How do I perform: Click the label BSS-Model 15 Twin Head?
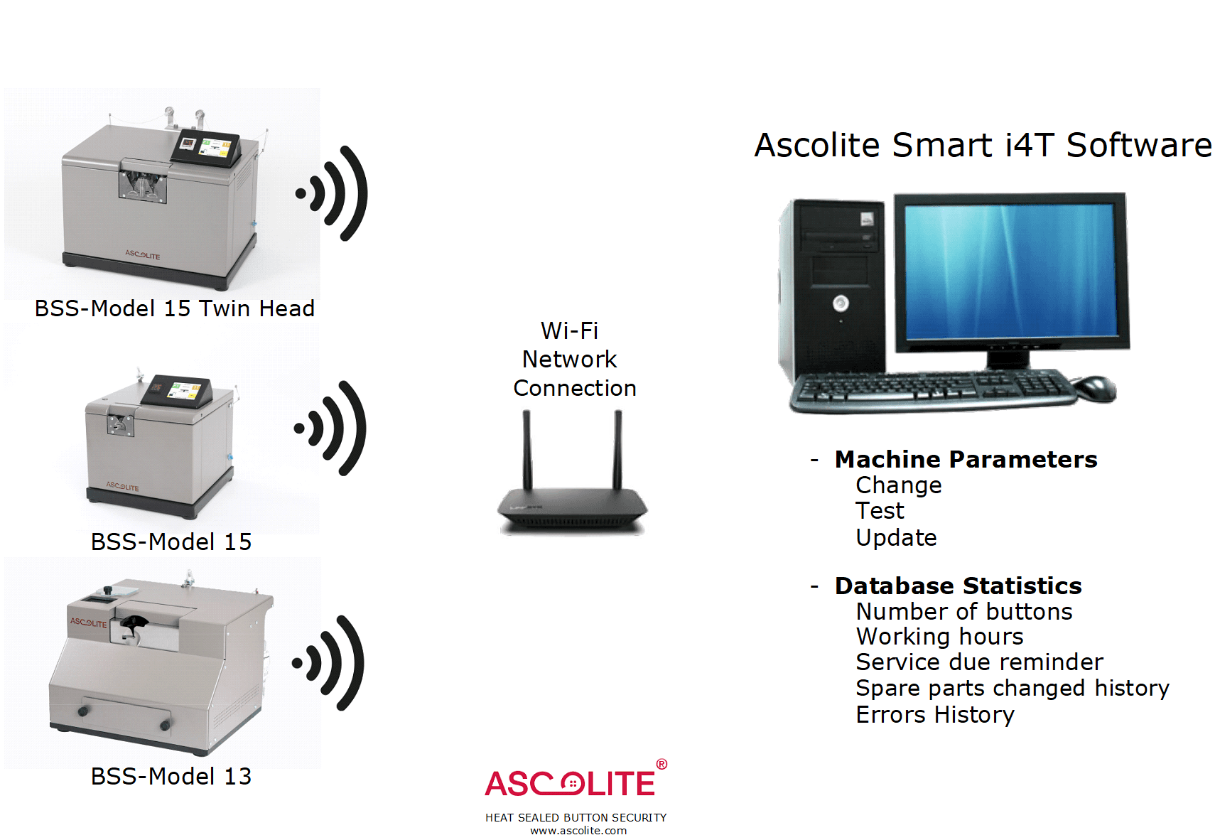175,308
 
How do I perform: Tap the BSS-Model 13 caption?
171,777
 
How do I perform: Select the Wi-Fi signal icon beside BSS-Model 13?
328,663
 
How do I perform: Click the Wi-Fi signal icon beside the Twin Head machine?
331,193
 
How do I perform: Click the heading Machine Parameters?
966,460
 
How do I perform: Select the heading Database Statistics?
958,586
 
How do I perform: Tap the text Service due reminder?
980,662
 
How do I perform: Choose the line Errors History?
935,715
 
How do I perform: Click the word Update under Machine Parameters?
896,538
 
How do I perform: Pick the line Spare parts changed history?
1012,689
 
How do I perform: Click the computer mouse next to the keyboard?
1095,388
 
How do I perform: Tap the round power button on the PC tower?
841,303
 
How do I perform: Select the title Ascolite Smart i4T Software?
983,146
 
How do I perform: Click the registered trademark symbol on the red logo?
661,765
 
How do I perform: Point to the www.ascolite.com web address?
578,830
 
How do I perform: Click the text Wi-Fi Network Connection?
574,359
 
